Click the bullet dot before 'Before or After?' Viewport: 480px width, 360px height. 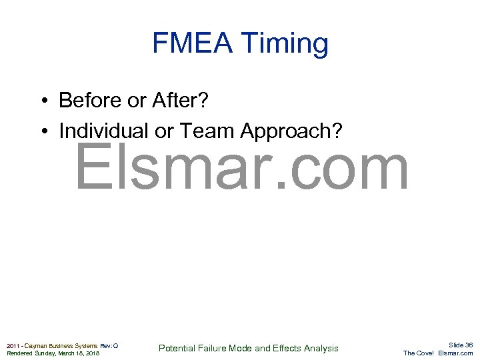[x=42, y=101]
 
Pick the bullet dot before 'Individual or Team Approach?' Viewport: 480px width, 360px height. [x=42, y=131]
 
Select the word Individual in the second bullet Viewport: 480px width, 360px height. [x=104, y=131]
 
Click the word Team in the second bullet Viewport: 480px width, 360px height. [x=209, y=131]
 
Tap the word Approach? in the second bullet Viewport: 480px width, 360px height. [x=291, y=131]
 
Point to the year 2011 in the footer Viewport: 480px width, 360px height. [x=13, y=345]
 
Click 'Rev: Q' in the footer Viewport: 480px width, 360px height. [x=109, y=345]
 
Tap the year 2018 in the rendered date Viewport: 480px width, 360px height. [x=91, y=353]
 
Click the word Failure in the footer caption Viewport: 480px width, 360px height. [x=213, y=349]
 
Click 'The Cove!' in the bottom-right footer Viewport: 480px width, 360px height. [x=419, y=353]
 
